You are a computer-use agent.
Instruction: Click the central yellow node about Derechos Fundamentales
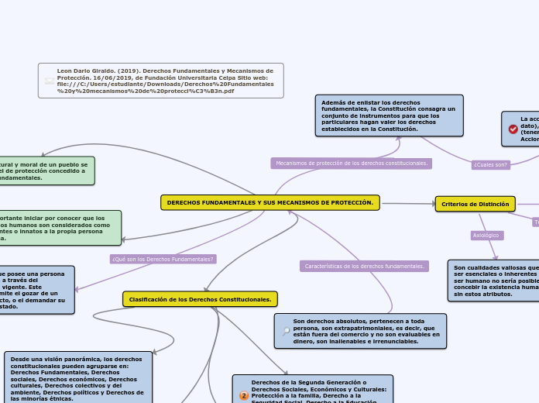point(269,202)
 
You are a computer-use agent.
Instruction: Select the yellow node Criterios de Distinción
point(475,204)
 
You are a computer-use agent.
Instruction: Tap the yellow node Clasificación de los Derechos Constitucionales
point(200,299)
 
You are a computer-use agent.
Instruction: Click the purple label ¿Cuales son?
point(490,164)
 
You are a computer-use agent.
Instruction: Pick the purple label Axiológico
point(486,235)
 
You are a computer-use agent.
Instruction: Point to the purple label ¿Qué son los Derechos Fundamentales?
point(163,259)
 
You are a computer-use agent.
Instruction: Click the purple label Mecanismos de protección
point(352,164)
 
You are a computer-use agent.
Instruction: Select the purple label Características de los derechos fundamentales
point(364,266)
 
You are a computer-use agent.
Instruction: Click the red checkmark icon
point(513,129)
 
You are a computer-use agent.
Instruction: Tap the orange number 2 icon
point(244,395)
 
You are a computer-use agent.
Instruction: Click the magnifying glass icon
point(286,331)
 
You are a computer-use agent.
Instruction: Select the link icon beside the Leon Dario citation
point(50,81)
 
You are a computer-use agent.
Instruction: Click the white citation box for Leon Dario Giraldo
point(161,81)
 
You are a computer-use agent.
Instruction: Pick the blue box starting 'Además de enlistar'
point(389,115)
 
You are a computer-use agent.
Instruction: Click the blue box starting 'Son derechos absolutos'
point(361,331)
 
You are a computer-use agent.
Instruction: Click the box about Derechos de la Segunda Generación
point(313,390)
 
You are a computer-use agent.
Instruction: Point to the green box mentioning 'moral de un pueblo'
point(46,171)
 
